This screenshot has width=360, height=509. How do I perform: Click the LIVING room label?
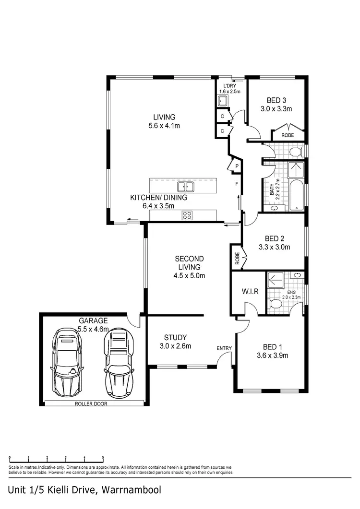point(164,117)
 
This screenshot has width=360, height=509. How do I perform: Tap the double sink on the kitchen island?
point(185,187)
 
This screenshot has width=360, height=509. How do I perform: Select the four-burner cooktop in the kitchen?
point(187,216)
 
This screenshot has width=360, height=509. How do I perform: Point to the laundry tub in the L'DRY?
point(223,101)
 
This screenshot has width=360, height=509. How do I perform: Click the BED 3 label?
point(276,101)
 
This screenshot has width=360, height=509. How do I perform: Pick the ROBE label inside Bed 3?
point(288,135)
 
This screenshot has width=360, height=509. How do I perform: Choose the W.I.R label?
point(248,291)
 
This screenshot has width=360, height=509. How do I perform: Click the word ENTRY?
point(224,348)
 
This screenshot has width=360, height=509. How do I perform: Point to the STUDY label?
point(175,337)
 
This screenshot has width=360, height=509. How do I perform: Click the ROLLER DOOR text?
point(91,403)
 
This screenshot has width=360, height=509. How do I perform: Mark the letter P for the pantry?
point(236,166)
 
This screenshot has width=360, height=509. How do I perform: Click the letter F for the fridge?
point(236,184)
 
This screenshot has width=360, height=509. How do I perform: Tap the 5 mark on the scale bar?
point(103,458)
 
